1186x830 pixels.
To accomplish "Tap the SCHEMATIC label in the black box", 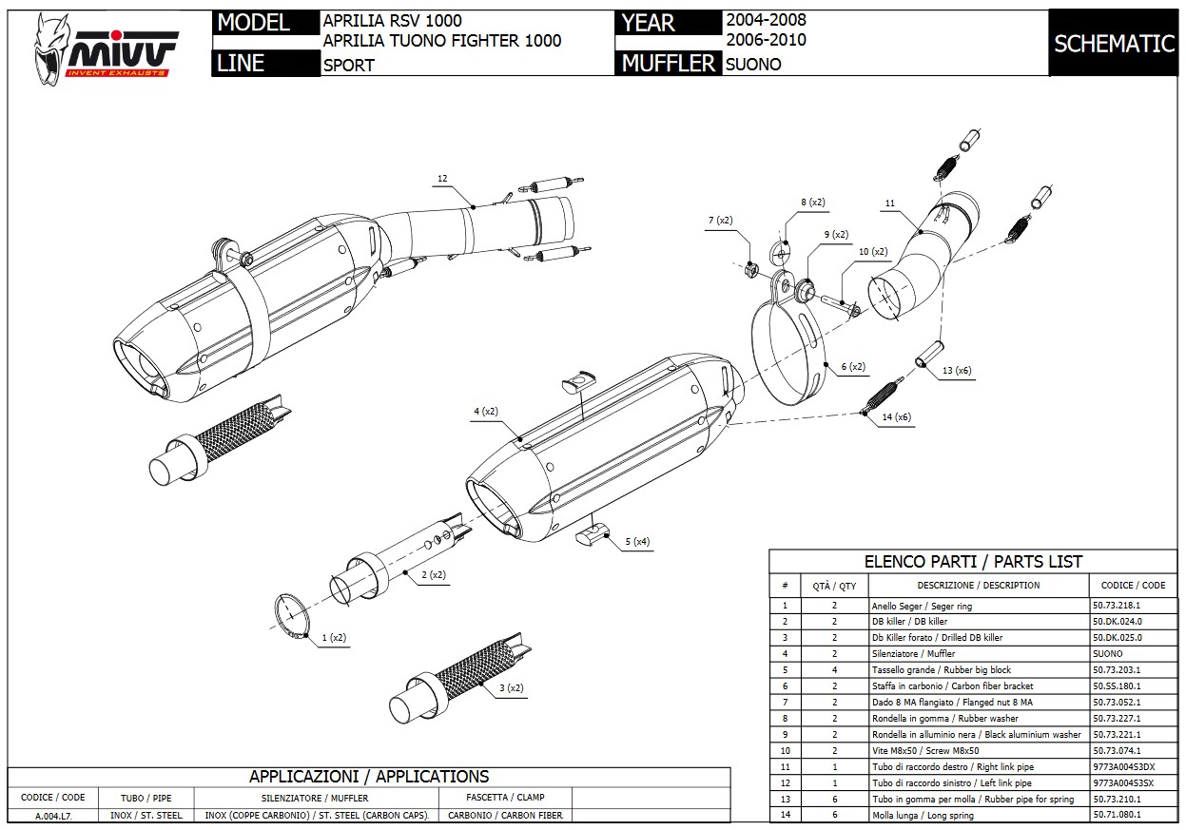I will pos(1115,44).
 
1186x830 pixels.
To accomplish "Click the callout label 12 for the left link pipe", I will pos(442,179).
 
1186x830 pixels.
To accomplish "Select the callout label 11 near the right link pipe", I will pos(889,203).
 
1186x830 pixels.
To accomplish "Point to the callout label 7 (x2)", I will pos(721,221).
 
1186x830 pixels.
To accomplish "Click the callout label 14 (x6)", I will pos(896,417).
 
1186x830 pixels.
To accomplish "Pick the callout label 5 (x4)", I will pos(637,542).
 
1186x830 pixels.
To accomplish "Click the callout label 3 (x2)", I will pos(511,687).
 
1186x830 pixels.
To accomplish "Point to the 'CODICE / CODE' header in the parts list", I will pos(1133,585).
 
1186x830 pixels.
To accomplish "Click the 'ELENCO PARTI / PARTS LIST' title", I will pos(972,561).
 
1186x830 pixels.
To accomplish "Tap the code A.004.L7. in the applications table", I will pos(54,816).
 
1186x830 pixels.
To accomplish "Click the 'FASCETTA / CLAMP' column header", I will pos(505,797).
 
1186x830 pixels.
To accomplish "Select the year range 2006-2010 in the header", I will pos(766,40).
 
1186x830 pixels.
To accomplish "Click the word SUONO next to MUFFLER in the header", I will pos(753,65).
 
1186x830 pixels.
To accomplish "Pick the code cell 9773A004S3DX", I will pos(1123,766).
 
